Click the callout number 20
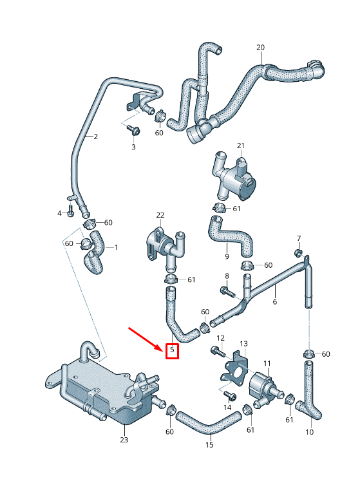(260, 48)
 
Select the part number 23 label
(124, 440)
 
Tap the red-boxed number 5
(172, 350)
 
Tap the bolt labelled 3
(134, 131)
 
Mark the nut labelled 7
(298, 252)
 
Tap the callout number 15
(209, 444)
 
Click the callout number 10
(309, 431)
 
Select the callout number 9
(227, 256)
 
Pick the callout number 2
(95, 137)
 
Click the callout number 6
(274, 301)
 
